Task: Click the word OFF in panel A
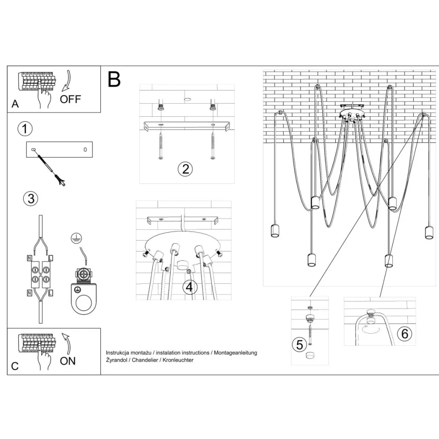[71, 99]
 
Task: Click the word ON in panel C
[68, 361]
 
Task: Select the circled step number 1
[25, 129]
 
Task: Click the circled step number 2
[185, 169]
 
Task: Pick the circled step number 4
[190, 286]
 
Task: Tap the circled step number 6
[405, 334]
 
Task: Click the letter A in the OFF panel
[15, 104]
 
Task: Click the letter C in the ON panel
[15, 366]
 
